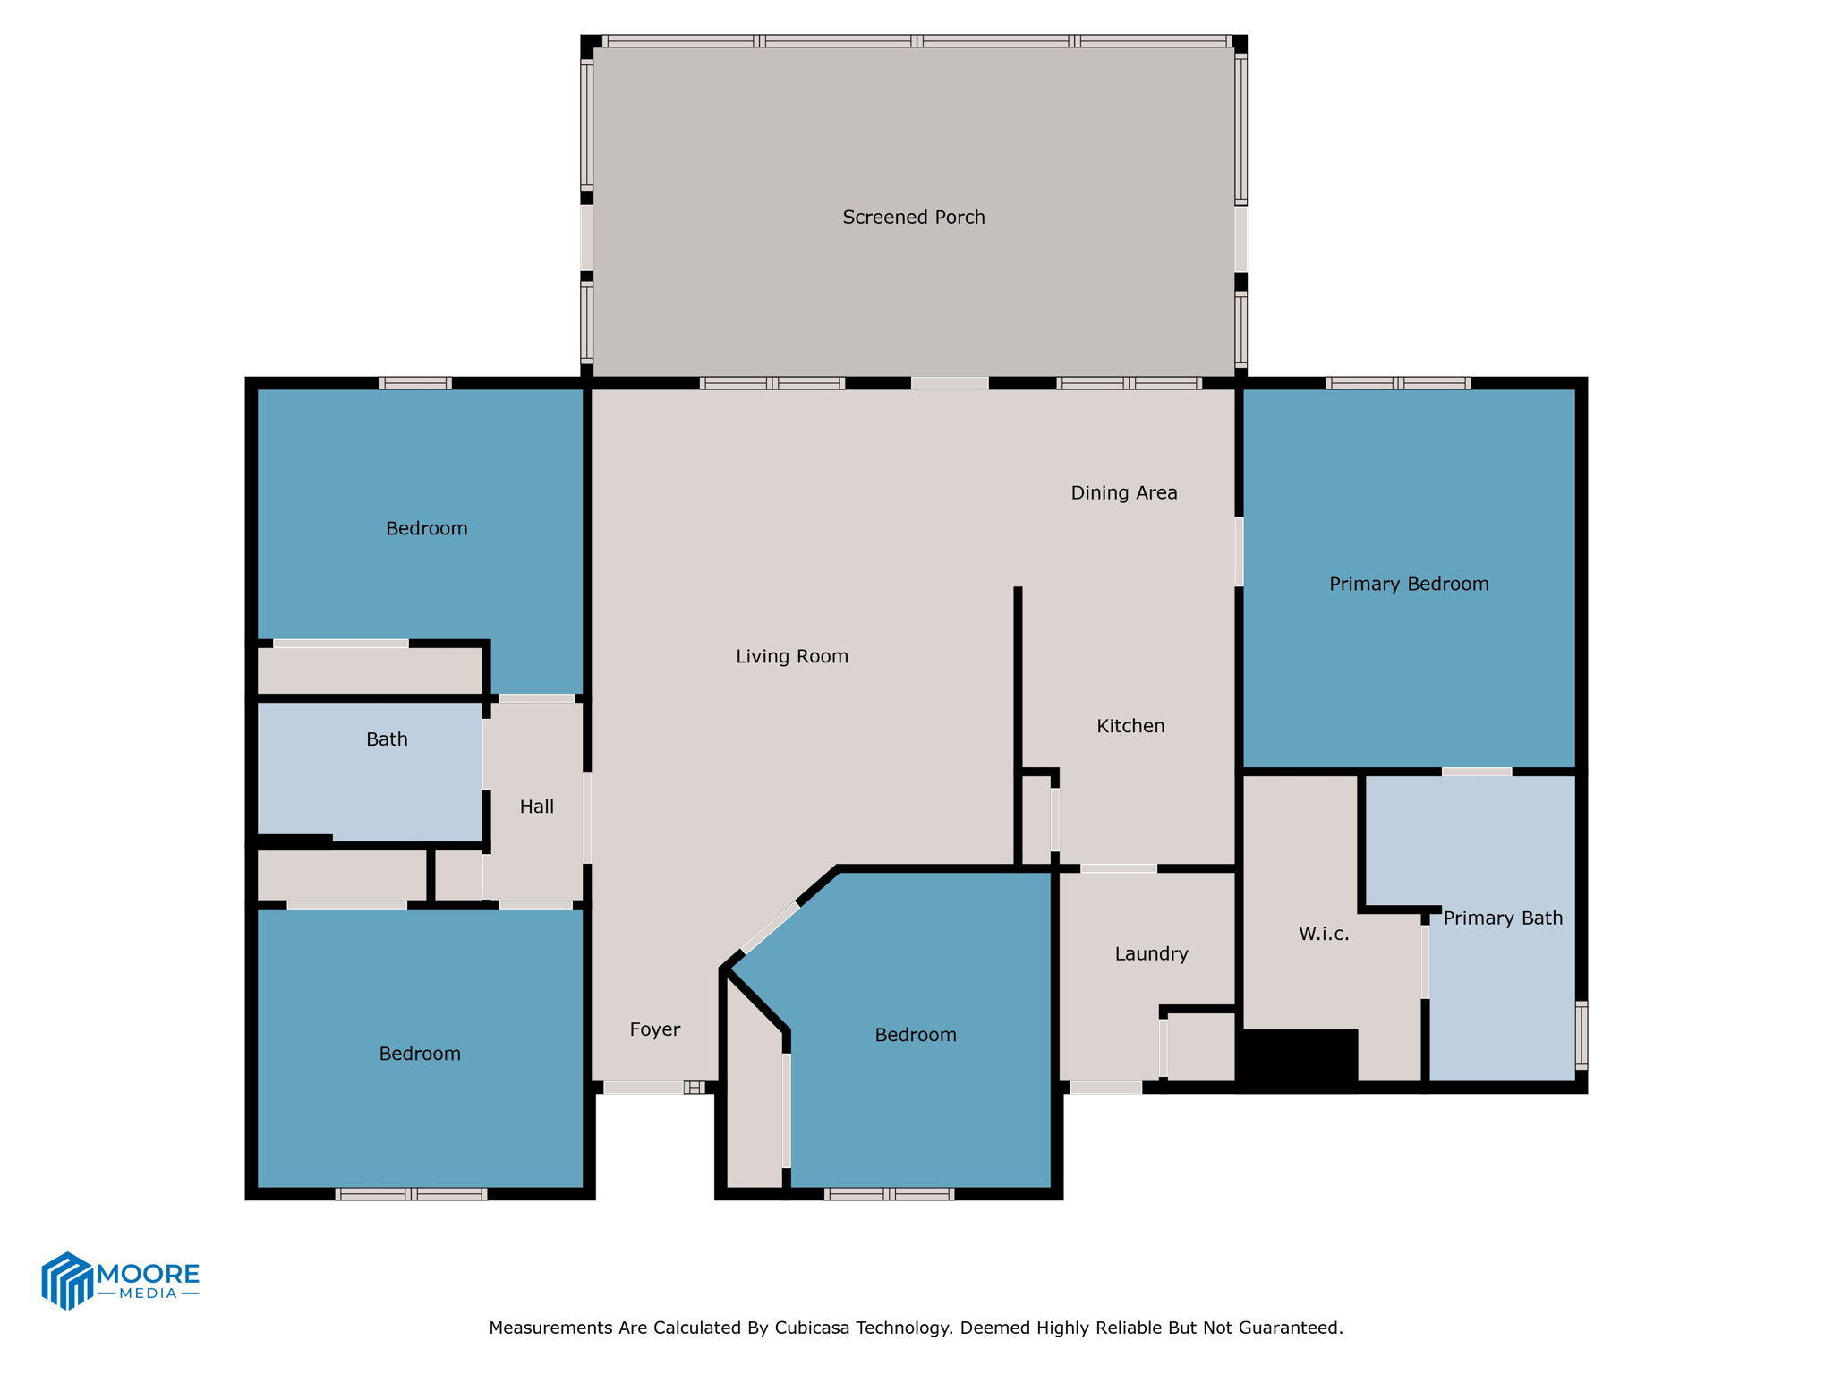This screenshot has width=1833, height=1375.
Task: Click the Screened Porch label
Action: (913, 218)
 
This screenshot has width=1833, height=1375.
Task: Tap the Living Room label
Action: (791, 656)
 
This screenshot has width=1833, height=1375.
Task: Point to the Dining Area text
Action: (1123, 492)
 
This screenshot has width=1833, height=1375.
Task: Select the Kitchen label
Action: (1130, 726)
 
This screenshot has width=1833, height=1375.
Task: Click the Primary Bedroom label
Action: (1408, 585)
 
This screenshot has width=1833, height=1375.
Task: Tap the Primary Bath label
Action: (1502, 918)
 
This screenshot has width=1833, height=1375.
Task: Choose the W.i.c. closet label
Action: (1323, 934)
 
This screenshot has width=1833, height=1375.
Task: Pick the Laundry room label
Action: (1151, 953)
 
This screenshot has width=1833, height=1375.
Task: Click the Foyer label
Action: (654, 1029)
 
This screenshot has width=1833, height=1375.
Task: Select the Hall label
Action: (536, 807)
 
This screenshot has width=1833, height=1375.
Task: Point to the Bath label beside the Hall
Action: (387, 739)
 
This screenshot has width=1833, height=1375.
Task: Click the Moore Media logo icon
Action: (67, 1280)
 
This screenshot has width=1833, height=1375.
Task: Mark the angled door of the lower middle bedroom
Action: (771, 928)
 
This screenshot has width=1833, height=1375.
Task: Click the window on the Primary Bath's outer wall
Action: (1581, 1036)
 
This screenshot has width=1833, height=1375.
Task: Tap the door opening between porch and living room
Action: (950, 383)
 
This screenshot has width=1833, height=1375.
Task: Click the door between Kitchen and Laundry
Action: (1118, 868)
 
